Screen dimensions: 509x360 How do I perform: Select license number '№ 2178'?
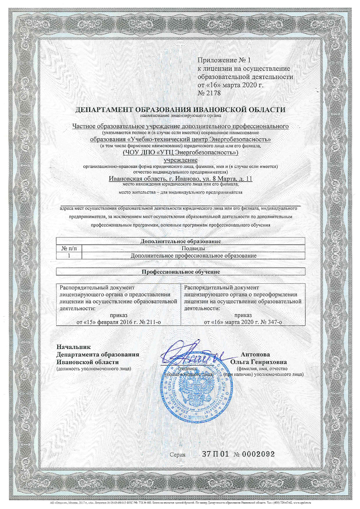click(210, 93)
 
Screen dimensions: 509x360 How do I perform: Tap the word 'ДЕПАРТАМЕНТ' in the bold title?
click(104, 110)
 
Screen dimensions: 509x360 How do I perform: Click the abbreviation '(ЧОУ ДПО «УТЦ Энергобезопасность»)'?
click(180, 154)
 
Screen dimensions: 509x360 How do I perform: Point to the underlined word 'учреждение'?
click(180, 161)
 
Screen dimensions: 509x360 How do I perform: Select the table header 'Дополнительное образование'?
click(180, 241)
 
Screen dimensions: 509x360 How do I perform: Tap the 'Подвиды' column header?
click(193, 248)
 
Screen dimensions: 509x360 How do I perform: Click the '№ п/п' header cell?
click(68, 248)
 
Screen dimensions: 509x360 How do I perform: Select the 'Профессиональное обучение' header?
click(180, 272)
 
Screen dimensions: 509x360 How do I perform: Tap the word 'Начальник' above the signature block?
click(73, 347)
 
